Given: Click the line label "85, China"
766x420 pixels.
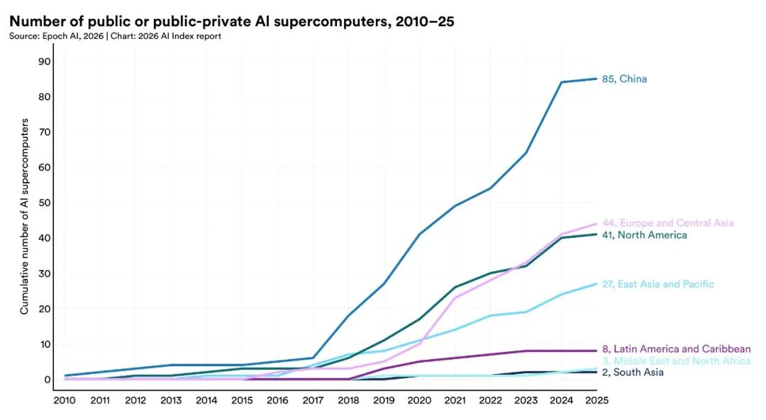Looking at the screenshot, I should (624, 79).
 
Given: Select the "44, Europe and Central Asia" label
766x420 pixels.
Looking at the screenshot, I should (667, 223).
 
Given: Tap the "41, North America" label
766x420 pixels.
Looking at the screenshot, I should (644, 235).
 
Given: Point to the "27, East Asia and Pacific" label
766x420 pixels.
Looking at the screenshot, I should (657, 284).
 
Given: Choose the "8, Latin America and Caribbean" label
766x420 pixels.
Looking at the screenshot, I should (676, 349).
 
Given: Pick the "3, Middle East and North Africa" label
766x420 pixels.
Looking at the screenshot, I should (676, 361).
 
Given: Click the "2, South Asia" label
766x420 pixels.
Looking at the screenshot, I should (633, 373).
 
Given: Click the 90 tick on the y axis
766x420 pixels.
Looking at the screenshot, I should (44, 61).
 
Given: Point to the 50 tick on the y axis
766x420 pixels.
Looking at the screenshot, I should (44, 203).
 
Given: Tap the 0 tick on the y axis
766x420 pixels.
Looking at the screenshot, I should (47, 380).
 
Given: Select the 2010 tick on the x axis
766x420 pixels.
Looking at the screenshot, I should (65, 400).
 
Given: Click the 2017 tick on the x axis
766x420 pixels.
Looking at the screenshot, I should (313, 400).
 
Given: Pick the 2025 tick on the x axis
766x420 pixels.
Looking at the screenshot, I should (596, 400).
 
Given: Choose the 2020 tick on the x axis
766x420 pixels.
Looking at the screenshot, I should (419, 400).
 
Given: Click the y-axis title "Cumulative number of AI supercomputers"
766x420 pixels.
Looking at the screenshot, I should (24, 217).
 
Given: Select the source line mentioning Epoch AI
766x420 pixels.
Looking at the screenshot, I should (115, 36).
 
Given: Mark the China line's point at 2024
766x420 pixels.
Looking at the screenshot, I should (561, 82).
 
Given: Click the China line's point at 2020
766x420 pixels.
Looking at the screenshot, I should (419, 234).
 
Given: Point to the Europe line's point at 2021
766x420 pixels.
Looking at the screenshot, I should (455, 297).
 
